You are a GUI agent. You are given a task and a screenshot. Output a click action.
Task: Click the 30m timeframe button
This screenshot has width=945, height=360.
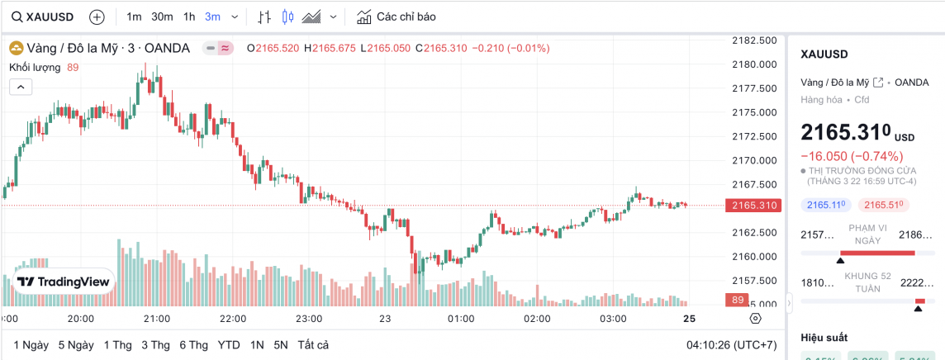(x=162, y=17)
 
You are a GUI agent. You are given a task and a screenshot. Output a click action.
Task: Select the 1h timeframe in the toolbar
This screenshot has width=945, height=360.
(x=189, y=17)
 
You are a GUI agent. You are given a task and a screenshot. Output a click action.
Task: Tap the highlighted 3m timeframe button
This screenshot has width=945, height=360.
(x=213, y=17)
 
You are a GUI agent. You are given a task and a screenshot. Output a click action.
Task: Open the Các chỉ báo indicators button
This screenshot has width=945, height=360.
(x=396, y=17)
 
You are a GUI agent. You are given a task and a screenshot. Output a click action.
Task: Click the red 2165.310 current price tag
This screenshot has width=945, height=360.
(x=753, y=205)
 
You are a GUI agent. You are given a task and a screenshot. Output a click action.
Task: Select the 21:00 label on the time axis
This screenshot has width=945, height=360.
(x=157, y=318)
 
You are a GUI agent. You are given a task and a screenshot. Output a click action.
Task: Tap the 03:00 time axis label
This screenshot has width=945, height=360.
(x=614, y=318)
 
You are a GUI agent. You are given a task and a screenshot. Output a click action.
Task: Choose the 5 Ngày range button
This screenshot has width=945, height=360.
(x=76, y=344)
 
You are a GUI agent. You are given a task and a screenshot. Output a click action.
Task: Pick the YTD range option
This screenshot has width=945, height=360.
(x=229, y=344)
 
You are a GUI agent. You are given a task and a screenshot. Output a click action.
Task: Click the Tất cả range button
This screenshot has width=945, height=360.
(x=313, y=344)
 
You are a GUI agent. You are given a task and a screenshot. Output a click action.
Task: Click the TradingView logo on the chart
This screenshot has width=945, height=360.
(x=64, y=282)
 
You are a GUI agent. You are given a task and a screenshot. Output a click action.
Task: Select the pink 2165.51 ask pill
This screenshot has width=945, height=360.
(x=883, y=204)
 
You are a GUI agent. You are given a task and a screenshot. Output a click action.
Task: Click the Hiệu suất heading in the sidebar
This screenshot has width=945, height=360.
(x=824, y=337)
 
